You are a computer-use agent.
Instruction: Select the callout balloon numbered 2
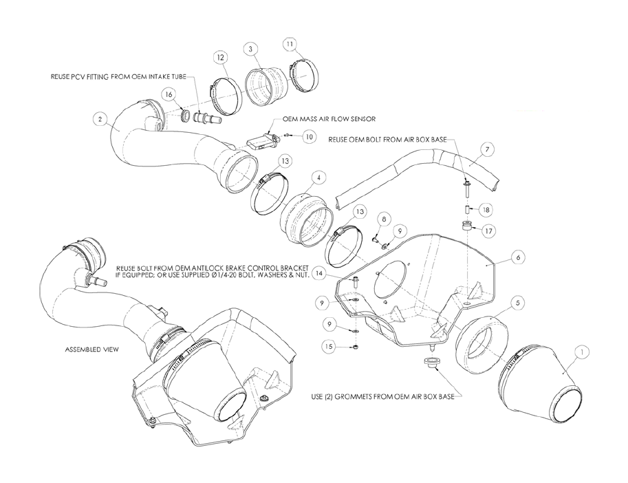(x=100, y=118)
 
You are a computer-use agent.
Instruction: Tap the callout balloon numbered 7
(x=486, y=150)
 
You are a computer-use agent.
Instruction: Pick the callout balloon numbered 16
(x=169, y=94)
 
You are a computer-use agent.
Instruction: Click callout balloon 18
(x=486, y=209)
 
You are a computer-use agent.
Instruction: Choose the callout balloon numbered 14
(x=318, y=274)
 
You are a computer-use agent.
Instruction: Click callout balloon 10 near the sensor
(x=308, y=136)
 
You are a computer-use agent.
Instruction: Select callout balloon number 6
(x=518, y=257)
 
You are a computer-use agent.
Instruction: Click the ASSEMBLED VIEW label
(x=91, y=350)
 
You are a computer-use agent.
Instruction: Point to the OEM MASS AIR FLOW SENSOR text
(x=329, y=119)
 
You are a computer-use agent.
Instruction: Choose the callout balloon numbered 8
(x=384, y=219)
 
